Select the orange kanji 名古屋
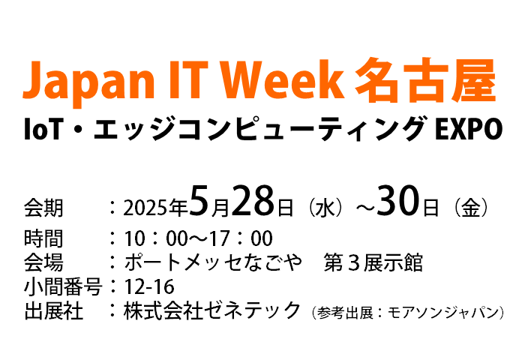click(x=425, y=79)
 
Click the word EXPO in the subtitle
click(x=469, y=129)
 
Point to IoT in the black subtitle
click(x=43, y=129)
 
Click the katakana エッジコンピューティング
click(x=257, y=128)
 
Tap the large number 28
click(x=253, y=201)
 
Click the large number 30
click(x=398, y=201)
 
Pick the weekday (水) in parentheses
click(x=325, y=208)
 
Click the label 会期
click(x=43, y=208)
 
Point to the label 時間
click(x=43, y=238)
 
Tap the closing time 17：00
click(x=241, y=238)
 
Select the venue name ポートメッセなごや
click(x=213, y=262)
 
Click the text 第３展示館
click(x=373, y=262)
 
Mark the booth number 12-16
click(x=149, y=286)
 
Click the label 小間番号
click(x=63, y=286)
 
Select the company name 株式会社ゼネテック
click(x=212, y=310)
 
